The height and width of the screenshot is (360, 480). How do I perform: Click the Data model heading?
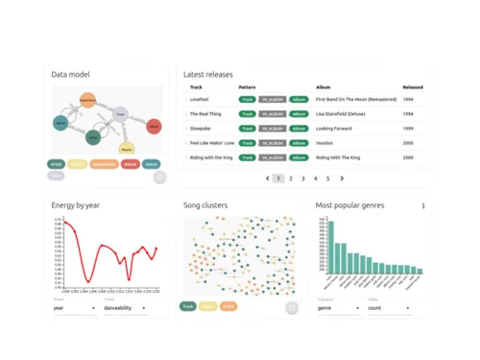(71, 74)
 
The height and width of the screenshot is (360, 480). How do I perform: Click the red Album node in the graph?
(155, 126)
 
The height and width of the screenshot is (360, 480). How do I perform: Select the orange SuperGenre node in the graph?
(86, 99)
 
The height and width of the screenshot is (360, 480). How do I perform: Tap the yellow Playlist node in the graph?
(127, 149)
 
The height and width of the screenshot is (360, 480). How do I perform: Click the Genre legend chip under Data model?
(151, 164)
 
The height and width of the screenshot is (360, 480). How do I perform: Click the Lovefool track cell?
(199, 99)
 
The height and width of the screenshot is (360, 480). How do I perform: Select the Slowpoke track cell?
(201, 128)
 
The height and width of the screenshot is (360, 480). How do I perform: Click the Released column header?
(413, 86)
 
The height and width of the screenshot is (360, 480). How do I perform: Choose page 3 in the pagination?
(303, 179)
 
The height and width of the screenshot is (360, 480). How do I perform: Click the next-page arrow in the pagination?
(342, 179)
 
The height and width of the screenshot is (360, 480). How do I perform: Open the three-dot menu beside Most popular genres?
(423, 205)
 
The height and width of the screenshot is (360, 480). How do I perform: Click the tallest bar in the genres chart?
(336, 250)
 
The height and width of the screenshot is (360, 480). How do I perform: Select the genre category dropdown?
(339, 308)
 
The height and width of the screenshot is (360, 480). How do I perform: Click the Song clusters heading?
(205, 204)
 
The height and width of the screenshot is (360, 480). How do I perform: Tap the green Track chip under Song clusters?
(189, 307)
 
